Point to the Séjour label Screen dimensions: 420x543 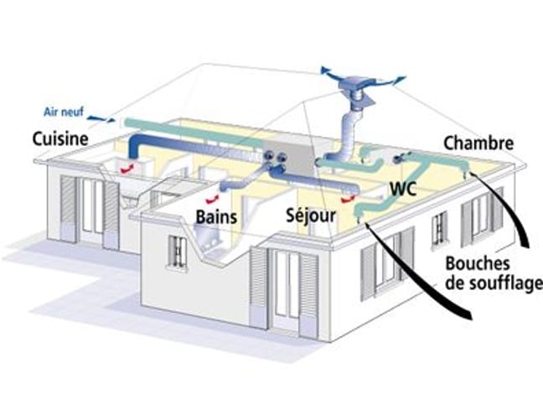pyautogui.click(x=311, y=215)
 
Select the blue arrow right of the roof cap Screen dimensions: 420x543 pyautogui.click(x=396, y=79)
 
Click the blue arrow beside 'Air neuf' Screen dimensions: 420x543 pyautogui.click(x=100, y=117)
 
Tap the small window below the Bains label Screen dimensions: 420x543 pyautogui.click(x=178, y=248)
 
